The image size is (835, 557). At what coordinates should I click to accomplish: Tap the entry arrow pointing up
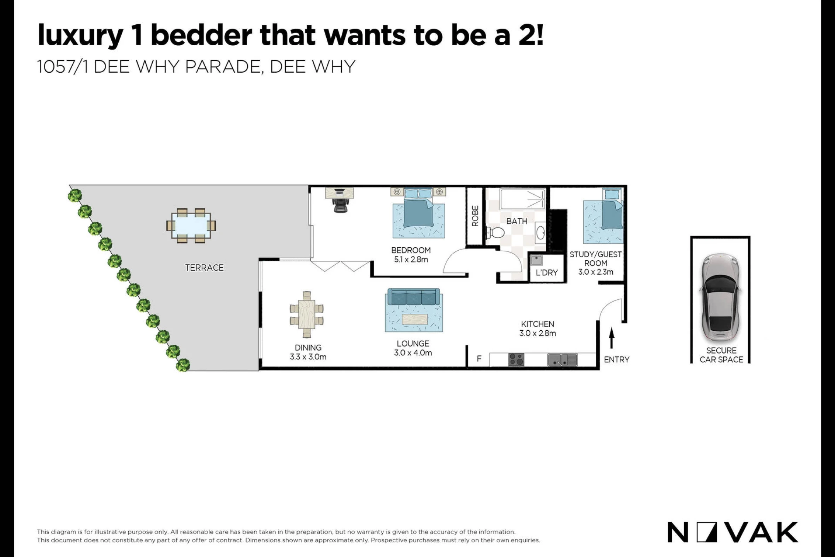point(612,338)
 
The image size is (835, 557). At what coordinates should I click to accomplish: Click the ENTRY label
point(617,360)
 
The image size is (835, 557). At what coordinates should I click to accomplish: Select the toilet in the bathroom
point(495,232)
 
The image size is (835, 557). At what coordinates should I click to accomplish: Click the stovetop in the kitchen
point(516,360)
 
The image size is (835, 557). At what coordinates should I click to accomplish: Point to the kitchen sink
point(562,360)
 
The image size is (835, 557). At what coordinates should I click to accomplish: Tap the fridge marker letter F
point(479,359)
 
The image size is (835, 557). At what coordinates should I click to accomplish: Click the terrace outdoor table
point(191,226)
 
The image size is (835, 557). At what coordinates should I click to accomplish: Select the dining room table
point(307,315)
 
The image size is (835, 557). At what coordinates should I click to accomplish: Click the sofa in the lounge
point(414,297)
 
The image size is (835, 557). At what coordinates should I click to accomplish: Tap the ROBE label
point(475,216)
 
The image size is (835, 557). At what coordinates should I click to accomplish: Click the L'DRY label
point(547,273)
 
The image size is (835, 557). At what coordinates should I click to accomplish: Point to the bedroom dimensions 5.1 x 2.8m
point(411,260)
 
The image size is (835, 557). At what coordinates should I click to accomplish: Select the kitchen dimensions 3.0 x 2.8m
point(538,333)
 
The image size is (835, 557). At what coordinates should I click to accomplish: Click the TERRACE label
point(204,268)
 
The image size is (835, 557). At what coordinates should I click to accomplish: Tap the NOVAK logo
point(733,532)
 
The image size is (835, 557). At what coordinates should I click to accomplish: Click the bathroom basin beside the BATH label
point(540,232)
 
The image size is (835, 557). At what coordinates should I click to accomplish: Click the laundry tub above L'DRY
point(537,260)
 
